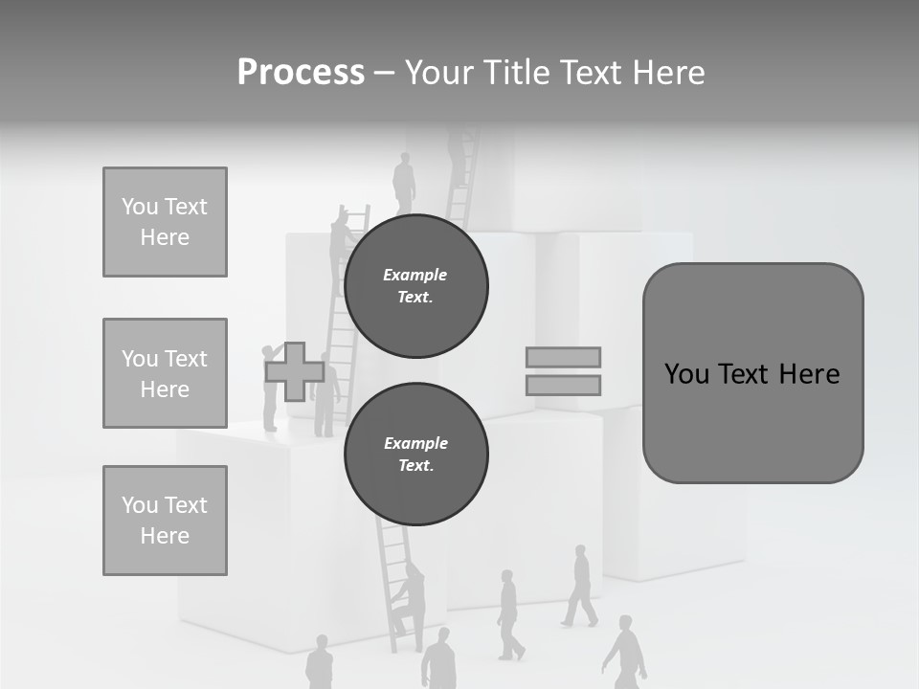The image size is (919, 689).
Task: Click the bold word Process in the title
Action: point(301,73)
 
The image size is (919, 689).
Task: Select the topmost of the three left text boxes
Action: point(165,222)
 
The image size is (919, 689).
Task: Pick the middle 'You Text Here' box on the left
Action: point(165,373)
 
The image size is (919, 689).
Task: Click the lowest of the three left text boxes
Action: point(165,520)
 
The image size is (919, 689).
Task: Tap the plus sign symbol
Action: point(294,371)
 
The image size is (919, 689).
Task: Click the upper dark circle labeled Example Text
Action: point(415,286)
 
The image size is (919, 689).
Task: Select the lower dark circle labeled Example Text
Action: point(415,455)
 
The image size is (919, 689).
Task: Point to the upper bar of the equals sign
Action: point(563,357)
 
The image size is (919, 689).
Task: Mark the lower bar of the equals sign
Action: point(563,385)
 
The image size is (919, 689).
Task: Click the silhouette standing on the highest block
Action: point(404,184)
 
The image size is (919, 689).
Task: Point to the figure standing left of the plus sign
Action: point(271,388)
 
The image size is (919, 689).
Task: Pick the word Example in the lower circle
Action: point(415,443)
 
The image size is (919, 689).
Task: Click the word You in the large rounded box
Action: point(686,374)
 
